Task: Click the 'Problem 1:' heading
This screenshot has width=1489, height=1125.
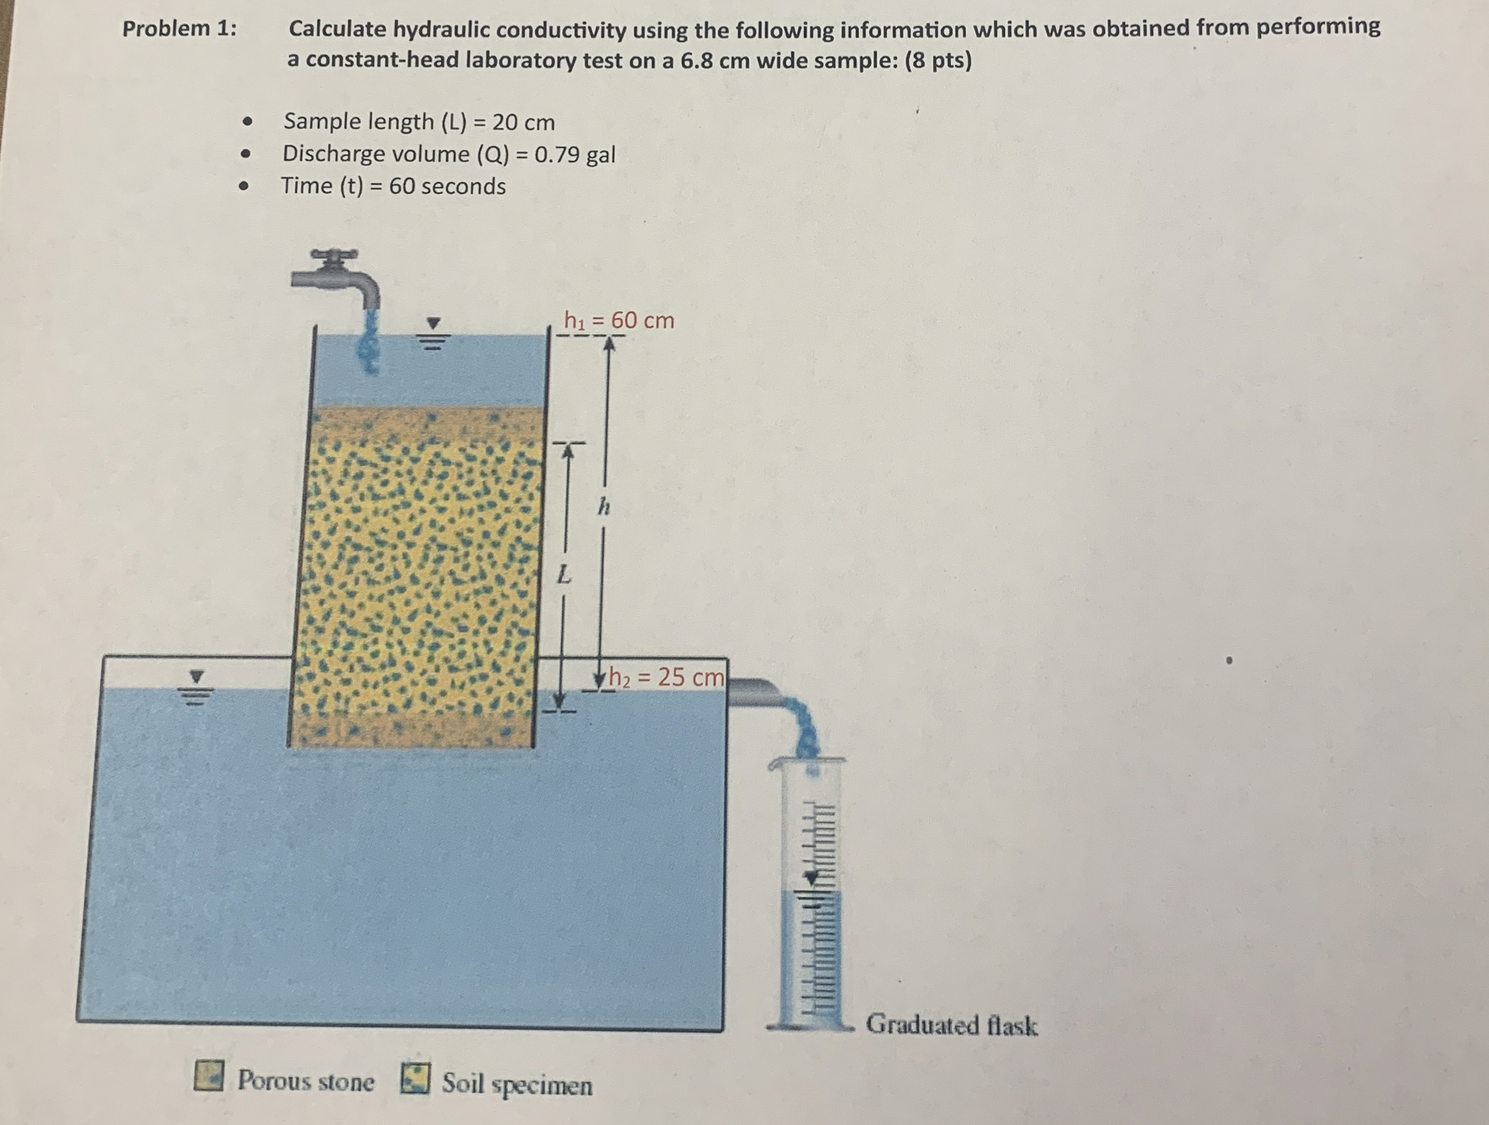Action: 179,29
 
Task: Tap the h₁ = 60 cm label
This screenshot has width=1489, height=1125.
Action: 619,321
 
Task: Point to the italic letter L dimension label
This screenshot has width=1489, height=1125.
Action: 564,575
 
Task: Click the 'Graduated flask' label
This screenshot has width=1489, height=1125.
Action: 951,1025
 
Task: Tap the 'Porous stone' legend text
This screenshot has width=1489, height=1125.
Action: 306,1080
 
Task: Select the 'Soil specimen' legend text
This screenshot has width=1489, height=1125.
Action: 517,1084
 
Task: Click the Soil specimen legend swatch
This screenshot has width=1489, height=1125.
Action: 415,1079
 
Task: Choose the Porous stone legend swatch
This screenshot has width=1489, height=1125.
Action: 209,1076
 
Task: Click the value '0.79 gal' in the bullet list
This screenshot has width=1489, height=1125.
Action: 574,155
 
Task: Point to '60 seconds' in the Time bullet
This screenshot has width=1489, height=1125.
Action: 447,186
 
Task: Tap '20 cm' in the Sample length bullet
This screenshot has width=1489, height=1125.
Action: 523,123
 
